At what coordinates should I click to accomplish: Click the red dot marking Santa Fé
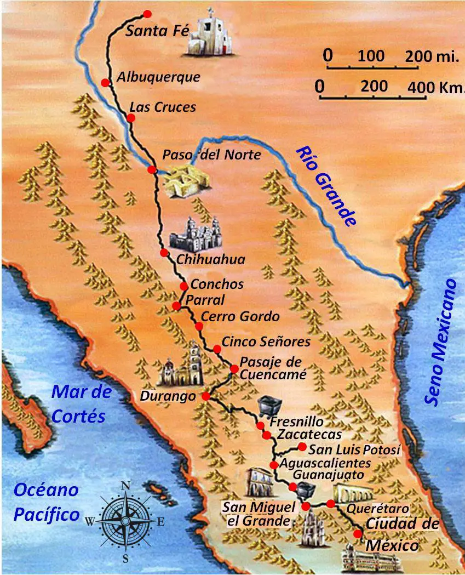[x=146, y=14]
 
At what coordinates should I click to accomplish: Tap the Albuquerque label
[x=158, y=77]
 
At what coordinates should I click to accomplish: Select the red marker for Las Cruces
[x=131, y=118]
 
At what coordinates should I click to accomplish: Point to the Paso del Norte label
[x=211, y=155]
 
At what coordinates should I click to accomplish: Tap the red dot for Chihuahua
[x=164, y=253]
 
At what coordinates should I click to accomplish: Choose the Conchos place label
[x=216, y=284]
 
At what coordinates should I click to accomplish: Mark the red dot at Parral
[x=176, y=306]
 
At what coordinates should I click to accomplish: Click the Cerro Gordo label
[x=240, y=317]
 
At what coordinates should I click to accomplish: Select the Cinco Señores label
[x=266, y=342]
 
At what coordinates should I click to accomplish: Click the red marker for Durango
[x=206, y=396]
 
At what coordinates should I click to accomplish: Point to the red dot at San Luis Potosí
[x=302, y=447]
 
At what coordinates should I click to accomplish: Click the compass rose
[x=125, y=520]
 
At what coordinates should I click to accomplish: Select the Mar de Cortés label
[x=81, y=403]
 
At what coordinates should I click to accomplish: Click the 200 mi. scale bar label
[x=432, y=56]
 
